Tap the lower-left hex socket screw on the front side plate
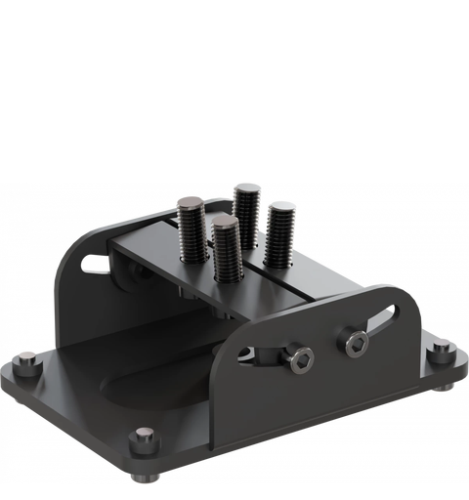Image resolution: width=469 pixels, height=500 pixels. pos(300,360)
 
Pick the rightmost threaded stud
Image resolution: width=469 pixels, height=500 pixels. pos(281,234)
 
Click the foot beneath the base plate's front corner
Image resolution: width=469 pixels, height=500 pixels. pos(146,476)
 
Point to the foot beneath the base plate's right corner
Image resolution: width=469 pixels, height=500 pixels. pos(445,387)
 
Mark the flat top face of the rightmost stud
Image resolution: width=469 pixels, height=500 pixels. pos(281,207)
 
